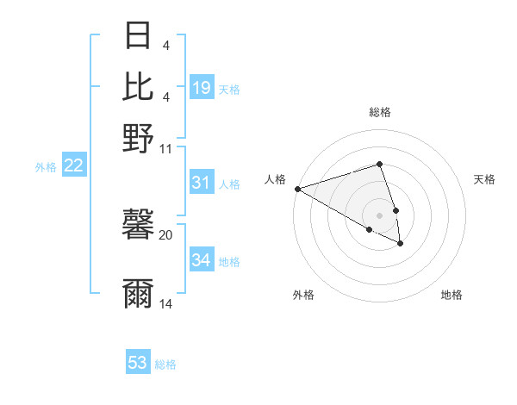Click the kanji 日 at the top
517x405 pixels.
[x=138, y=37]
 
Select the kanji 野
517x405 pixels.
[x=138, y=138]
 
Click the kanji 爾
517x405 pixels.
[x=138, y=294]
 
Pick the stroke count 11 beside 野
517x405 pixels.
[x=166, y=148]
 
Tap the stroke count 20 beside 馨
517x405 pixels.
[x=166, y=234]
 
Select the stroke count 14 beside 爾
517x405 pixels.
[x=166, y=304]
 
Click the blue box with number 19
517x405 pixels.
[x=202, y=87]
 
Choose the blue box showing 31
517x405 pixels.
[x=202, y=183]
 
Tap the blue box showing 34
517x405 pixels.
[x=202, y=260]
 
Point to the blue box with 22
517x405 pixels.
[x=73, y=165]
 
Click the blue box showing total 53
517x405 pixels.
[x=138, y=363]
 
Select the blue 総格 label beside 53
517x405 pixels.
[x=165, y=364]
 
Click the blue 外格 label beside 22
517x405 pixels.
[x=46, y=167]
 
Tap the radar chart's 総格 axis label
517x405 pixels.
[x=379, y=112]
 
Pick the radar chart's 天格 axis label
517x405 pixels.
[x=484, y=179]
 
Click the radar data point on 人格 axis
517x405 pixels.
[x=296, y=188]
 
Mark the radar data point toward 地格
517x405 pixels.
[x=401, y=244]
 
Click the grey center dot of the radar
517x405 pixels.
[x=379, y=215]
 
